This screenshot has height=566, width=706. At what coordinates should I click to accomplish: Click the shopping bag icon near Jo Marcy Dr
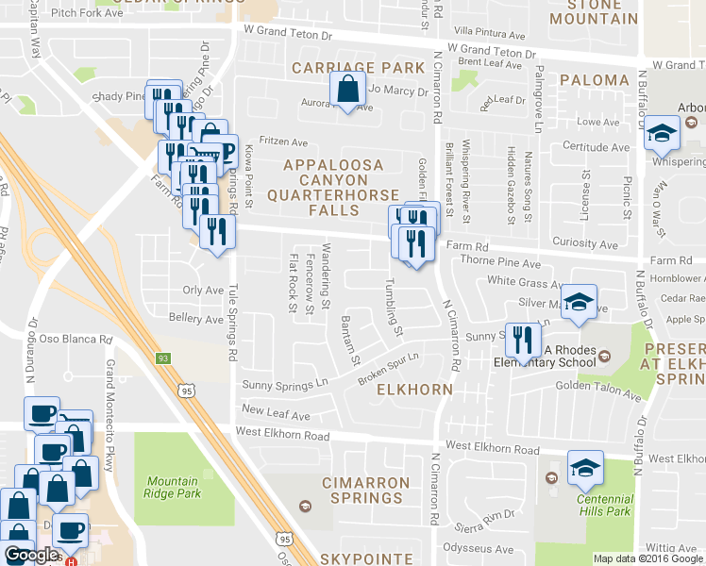coord(348,92)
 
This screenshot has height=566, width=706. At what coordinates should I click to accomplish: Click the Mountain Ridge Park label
coord(174,486)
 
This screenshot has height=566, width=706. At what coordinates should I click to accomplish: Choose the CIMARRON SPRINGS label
coord(366,491)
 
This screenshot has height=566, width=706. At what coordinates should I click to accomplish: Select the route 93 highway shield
coord(163,358)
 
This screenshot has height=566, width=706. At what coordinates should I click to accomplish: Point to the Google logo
coord(31,555)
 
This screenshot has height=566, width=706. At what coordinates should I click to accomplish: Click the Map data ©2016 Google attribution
coord(648,558)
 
